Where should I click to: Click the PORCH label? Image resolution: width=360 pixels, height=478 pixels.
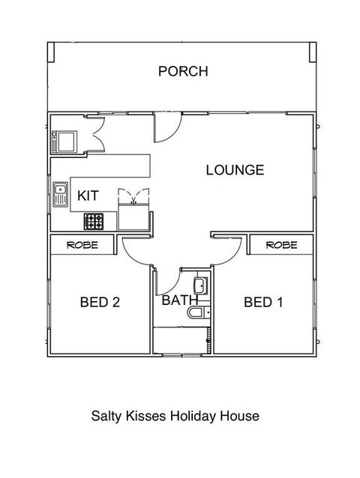pos(183,72)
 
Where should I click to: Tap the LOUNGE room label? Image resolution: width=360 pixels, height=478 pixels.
pos(235,170)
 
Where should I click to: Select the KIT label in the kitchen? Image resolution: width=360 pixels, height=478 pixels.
pos(88,196)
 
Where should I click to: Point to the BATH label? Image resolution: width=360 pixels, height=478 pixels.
pos(179,301)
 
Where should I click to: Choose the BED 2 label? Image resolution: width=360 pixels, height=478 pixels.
pos(100,302)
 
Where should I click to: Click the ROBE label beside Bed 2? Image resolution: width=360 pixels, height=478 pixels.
pos(83,245)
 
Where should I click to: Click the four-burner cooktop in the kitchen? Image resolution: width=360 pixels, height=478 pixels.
pos(94,221)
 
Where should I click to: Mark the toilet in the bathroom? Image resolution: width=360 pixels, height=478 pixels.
pos(198,312)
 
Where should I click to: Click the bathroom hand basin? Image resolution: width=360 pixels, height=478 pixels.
pos(199,285)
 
